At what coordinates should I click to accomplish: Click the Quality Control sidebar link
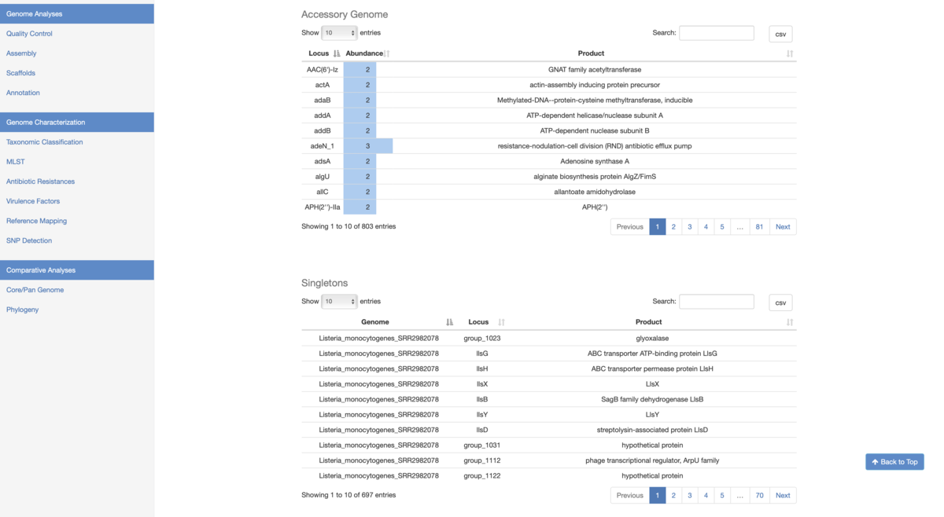(x=29, y=34)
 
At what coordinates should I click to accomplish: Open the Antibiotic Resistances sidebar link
(x=40, y=181)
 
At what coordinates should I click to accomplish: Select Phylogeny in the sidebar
(x=22, y=310)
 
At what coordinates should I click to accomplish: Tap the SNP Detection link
(x=29, y=240)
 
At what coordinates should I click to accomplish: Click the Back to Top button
(x=894, y=462)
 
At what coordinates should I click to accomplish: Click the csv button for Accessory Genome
(x=780, y=34)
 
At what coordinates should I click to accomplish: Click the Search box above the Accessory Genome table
(x=717, y=33)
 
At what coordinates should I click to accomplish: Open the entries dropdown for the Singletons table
(x=339, y=302)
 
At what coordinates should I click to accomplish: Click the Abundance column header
(x=364, y=53)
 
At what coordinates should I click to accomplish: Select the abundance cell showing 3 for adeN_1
(x=368, y=146)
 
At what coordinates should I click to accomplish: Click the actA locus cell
(x=323, y=85)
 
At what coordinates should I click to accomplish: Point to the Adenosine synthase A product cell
(x=595, y=161)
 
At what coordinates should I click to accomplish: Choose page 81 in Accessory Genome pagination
(x=759, y=227)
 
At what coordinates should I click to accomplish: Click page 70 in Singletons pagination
(x=759, y=496)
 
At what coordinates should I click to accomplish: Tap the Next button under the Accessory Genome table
(x=783, y=227)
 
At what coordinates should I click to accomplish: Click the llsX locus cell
(x=482, y=384)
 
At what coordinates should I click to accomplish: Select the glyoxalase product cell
(x=652, y=338)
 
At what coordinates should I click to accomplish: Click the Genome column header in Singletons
(x=375, y=322)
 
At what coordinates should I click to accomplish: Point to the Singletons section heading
(x=324, y=283)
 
